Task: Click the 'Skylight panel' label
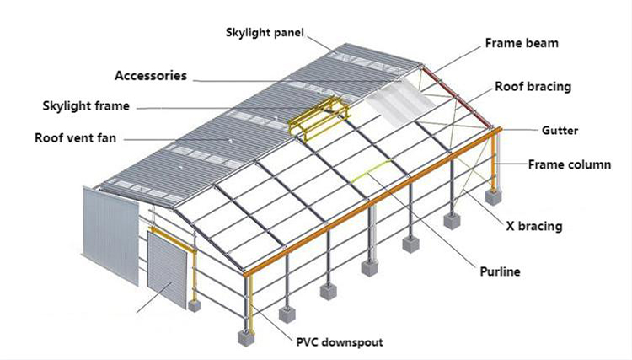coord(265,33)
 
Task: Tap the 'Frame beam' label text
coord(522,43)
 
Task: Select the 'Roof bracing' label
coord(533,87)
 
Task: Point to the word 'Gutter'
coord(560,130)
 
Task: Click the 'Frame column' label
coord(569,164)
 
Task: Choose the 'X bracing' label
coord(533,226)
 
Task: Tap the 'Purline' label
coord(500,271)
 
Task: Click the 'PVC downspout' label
coord(340,342)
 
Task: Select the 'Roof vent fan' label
coord(75,138)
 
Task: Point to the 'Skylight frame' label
coord(86,106)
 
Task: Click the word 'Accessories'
coord(151,76)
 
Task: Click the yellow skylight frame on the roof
coord(319,117)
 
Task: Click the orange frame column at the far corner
coord(494,159)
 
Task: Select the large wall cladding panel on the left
coord(110,236)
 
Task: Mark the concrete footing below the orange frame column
coord(494,196)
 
